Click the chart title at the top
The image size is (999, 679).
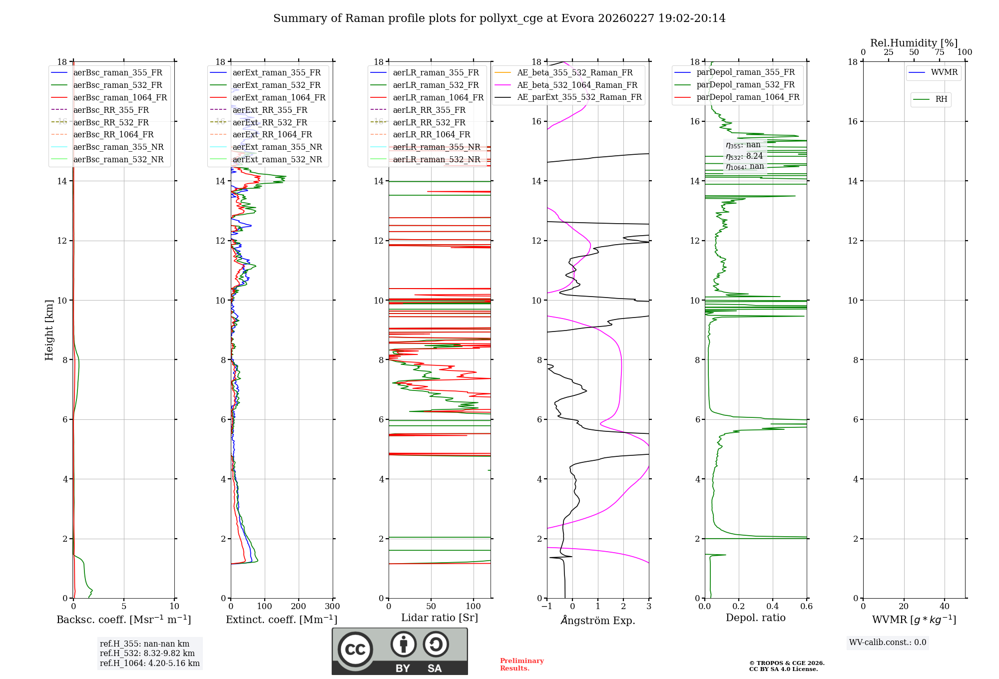tap(499, 18)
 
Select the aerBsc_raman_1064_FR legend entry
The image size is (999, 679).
tap(120, 97)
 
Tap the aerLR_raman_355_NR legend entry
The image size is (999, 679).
tap(436, 147)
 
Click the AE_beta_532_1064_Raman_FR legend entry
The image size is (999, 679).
tap(577, 85)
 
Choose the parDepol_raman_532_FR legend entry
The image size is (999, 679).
tap(745, 85)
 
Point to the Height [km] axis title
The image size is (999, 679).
tap(49, 330)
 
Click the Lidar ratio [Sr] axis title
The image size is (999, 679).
tap(440, 618)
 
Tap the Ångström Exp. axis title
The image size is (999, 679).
tap(598, 620)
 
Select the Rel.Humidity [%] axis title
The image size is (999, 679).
tap(914, 43)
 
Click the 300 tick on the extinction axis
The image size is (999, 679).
tap(332, 607)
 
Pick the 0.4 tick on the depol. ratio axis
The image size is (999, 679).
tap(773, 607)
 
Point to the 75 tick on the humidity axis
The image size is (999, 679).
tap(939, 52)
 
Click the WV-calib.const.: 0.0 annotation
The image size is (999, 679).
tap(888, 643)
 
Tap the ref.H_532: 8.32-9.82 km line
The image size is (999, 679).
tap(147, 653)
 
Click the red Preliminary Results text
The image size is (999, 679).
tap(521, 665)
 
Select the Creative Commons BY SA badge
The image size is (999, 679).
tap(400, 651)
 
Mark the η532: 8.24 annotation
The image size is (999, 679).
tap(744, 156)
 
